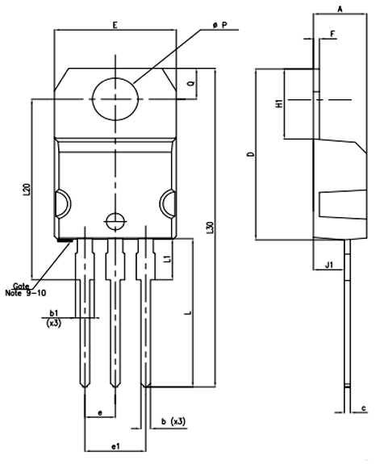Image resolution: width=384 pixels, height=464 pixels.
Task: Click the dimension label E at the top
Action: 115,26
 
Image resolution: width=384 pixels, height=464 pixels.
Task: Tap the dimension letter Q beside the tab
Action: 190,83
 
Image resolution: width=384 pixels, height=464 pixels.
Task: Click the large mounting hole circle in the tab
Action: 115,98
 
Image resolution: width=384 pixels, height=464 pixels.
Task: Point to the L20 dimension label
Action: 27,190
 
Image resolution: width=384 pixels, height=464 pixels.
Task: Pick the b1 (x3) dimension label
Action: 54,316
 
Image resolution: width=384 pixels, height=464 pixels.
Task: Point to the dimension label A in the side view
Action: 340,8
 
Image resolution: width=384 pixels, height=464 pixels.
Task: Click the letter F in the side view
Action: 332,33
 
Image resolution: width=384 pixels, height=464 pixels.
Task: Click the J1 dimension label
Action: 328,264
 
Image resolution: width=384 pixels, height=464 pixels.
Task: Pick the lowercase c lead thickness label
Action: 365,408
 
